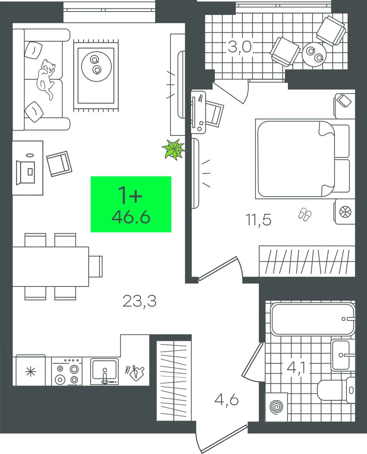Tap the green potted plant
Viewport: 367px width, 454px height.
(174, 149)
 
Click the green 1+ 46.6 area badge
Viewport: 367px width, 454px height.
(131, 204)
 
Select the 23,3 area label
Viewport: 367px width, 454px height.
(139, 301)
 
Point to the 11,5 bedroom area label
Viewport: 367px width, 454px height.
(258, 220)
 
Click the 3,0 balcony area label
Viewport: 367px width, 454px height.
(240, 47)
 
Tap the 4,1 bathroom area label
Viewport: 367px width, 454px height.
(296, 367)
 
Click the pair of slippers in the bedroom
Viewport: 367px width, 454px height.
(305, 214)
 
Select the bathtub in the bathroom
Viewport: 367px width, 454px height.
(313, 319)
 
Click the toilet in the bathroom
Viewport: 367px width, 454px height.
(336, 390)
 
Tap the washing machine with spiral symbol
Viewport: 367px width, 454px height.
(276, 407)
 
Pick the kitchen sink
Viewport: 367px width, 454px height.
(104, 372)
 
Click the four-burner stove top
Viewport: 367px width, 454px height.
(67, 371)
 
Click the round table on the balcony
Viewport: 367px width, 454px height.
(314, 54)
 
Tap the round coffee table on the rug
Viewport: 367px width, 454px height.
(97, 66)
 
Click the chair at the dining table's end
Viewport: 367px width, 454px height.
(96, 267)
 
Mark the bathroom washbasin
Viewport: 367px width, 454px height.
(343, 355)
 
